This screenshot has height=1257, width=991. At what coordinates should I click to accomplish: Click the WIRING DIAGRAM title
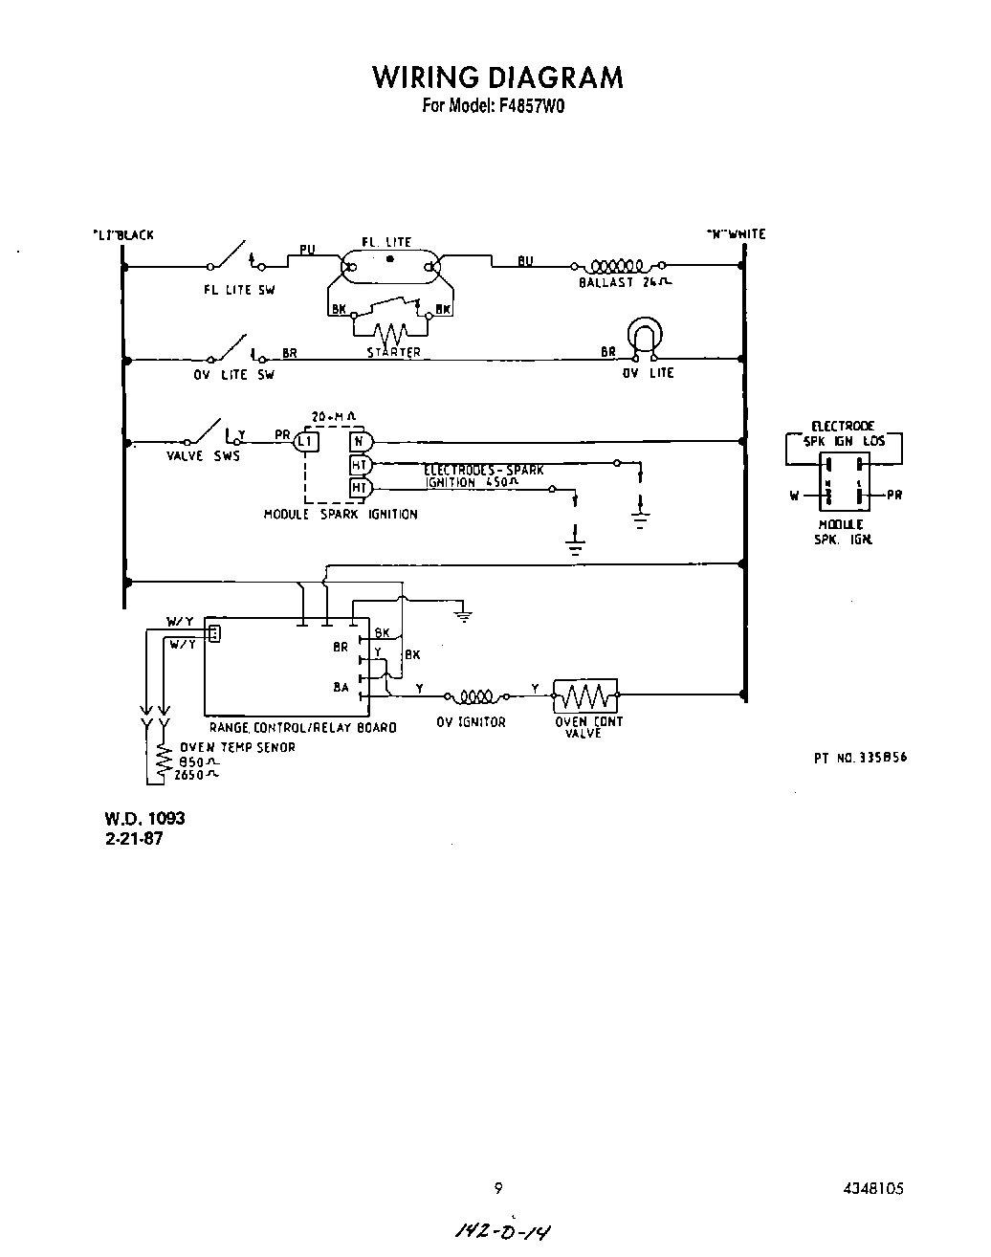click(x=497, y=77)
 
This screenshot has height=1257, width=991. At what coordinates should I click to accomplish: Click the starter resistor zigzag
click(x=390, y=335)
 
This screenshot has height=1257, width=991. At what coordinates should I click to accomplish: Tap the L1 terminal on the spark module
click(x=305, y=441)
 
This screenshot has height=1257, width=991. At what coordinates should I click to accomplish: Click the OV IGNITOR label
click(x=471, y=722)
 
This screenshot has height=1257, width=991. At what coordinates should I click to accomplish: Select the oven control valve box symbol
click(x=585, y=695)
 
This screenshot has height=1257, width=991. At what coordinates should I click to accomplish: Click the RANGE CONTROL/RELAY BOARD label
click(x=302, y=728)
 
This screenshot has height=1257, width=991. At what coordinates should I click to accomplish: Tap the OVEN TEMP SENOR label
click(x=238, y=747)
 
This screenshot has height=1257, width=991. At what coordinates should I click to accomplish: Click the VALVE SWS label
click(x=203, y=456)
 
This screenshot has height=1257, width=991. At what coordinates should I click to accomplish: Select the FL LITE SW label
click(x=238, y=290)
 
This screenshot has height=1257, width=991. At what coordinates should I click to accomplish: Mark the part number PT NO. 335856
click(x=860, y=758)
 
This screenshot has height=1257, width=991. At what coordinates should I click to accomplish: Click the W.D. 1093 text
click(x=144, y=819)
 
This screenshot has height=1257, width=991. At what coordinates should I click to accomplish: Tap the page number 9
click(x=497, y=1189)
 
